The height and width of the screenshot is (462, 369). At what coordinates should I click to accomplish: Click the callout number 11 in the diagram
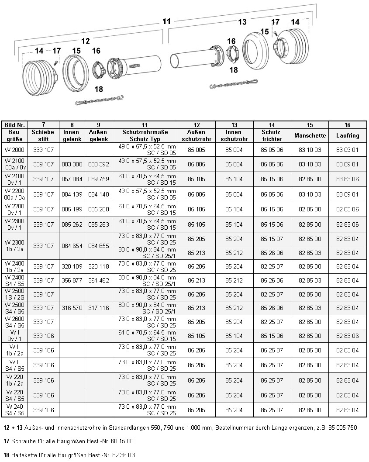[x=166, y=21]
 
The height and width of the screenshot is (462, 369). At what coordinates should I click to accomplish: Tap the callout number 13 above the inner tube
[x=242, y=22]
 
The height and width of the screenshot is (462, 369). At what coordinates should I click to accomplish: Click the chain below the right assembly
[x=234, y=83]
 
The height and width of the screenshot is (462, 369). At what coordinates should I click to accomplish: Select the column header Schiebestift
[x=44, y=135]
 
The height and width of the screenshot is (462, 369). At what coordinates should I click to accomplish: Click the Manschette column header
[x=310, y=135]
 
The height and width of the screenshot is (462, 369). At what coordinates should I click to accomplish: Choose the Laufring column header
[x=348, y=135]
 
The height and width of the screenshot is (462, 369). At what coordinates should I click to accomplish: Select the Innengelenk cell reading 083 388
[x=72, y=164]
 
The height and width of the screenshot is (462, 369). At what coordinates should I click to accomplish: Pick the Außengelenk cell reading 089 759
[x=98, y=179]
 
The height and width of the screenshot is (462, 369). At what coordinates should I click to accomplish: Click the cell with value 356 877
[x=72, y=280]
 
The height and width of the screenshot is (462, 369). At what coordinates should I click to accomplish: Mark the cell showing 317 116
[x=98, y=308]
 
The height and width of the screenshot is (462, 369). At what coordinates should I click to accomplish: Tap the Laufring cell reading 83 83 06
[x=348, y=179]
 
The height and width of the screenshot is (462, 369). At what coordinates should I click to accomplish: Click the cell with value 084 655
[x=98, y=246]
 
